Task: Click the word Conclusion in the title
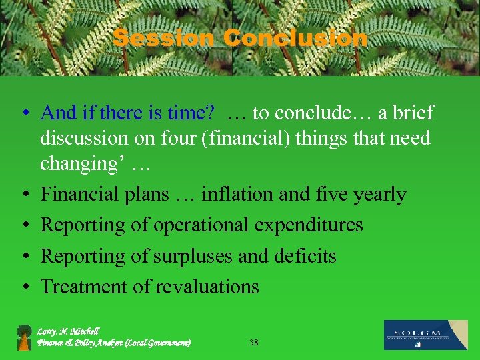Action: (x=295, y=38)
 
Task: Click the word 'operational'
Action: (x=202, y=225)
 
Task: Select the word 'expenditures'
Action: (x=309, y=225)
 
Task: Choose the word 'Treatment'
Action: (x=84, y=287)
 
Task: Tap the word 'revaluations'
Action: (x=207, y=287)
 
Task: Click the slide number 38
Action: (x=253, y=342)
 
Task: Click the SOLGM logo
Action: (x=425, y=335)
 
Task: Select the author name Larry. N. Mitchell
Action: (x=69, y=331)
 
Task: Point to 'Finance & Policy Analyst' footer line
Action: (x=113, y=343)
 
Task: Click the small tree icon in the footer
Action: (x=24, y=337)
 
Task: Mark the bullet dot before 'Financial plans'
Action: (x=24, y=195)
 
